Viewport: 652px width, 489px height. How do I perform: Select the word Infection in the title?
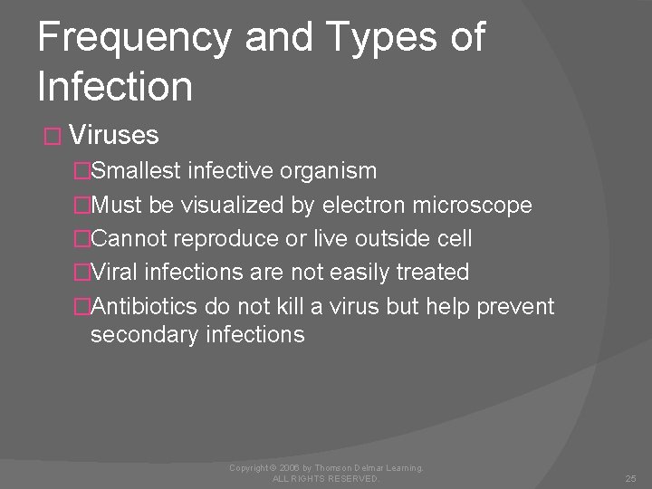point(115,86)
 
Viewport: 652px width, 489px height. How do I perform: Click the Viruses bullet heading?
point(113,136)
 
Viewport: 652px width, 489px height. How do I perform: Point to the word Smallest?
point(139,171)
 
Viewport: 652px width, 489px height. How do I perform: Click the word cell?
point(452,239)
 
